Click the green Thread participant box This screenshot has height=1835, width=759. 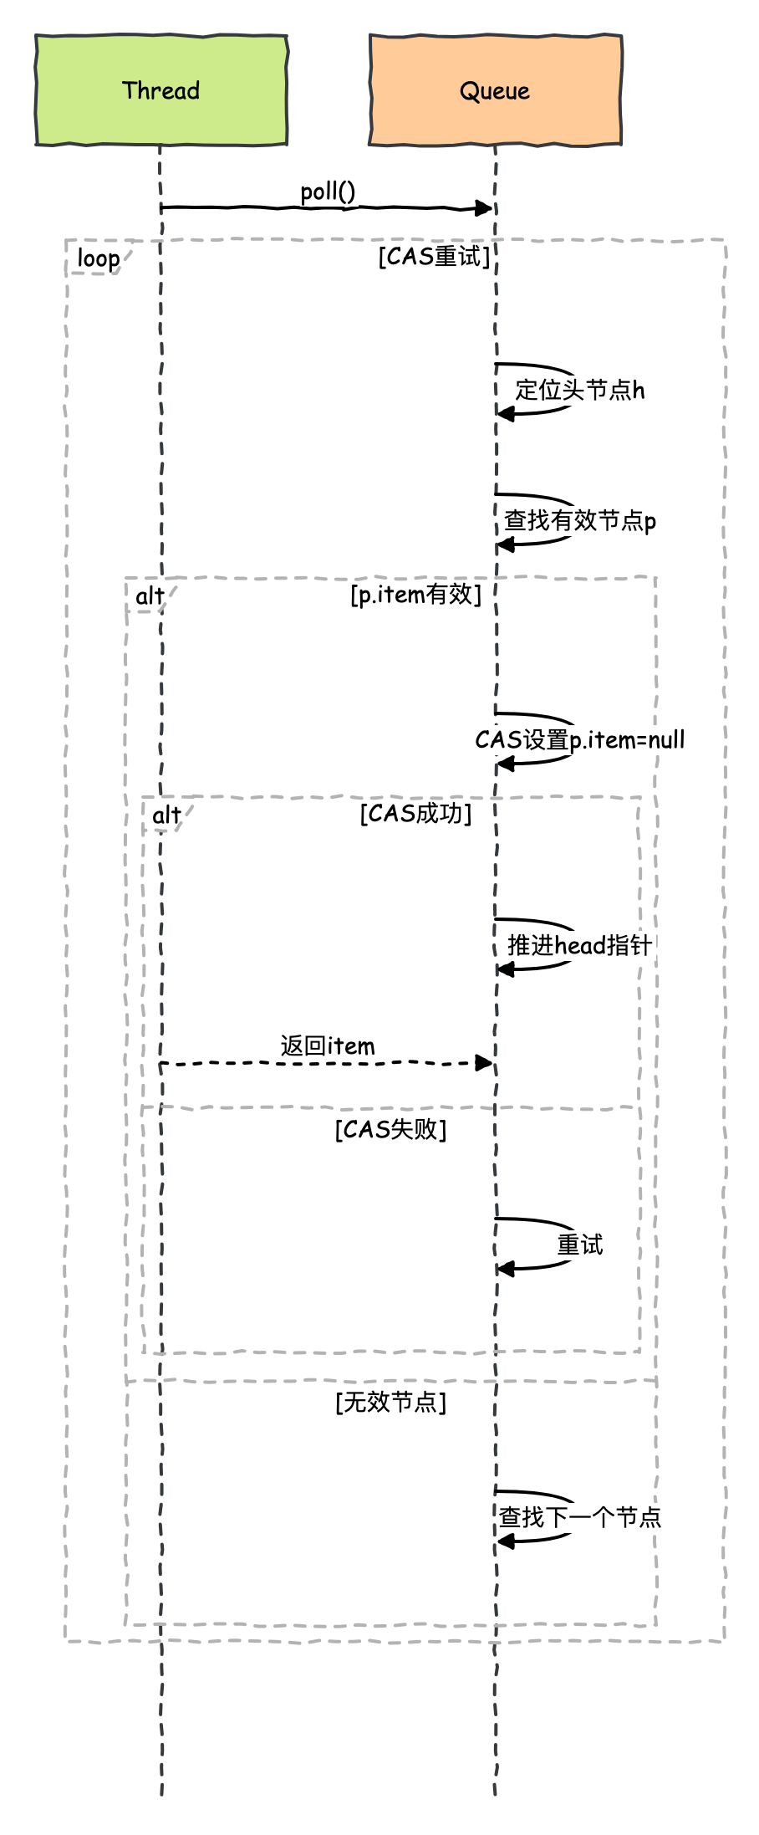[161, 90]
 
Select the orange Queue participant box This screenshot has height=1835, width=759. [495, 90]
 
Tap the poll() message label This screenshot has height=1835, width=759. [328, 192]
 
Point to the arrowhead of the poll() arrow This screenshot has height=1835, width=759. [485, 207]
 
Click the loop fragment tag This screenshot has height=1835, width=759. [98, 258]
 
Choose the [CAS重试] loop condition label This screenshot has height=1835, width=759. [434, 256]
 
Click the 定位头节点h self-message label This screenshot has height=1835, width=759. [579, 390]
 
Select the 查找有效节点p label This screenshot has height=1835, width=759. [579, 521]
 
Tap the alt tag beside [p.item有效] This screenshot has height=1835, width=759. [150, 596]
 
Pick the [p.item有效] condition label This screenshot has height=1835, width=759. [415, 595]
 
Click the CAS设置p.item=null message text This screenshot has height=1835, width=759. [579, 740]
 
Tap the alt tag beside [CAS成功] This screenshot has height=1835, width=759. [166, 815]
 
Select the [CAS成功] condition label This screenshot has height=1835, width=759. [415, 814]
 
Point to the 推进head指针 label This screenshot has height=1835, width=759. [579, 946]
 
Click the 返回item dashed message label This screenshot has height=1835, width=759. [328, 1046]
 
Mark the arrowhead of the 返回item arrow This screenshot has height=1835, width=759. [485, 1063]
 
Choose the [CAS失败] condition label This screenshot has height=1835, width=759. [390, 1130]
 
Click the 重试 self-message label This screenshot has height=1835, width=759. [579, 1245]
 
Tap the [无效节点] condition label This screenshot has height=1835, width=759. [390, 1403]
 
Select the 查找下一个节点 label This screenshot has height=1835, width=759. [579, 1517]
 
